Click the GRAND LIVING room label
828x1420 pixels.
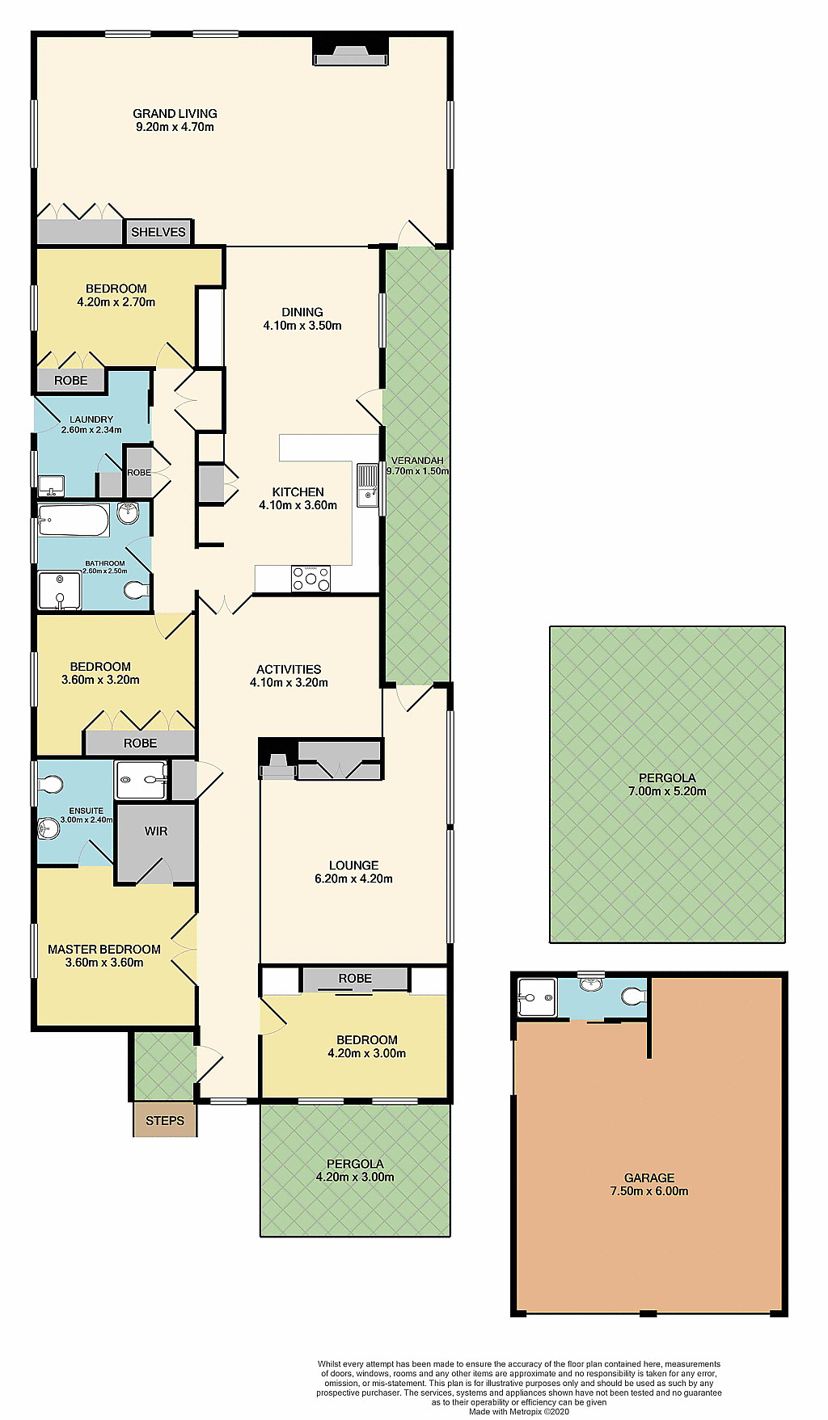[175, 114]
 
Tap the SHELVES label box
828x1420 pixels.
[158, 232]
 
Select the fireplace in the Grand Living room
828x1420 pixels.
[351, 54]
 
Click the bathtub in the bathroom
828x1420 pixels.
[74, 520]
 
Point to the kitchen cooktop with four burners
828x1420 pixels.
[311, 579]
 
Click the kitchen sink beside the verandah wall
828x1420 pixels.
[368, 485]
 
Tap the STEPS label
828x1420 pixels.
[165, 1121]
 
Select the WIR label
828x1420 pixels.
[156, 831]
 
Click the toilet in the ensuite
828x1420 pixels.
[51, 784]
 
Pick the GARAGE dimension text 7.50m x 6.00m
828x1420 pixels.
[649, 1191]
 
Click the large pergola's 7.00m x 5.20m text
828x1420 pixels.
[667, 791]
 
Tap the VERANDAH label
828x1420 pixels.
[417, 461]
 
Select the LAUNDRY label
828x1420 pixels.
[91, 419]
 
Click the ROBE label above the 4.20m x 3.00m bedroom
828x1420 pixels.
[355, 979]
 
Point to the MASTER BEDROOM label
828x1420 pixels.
[104, 950]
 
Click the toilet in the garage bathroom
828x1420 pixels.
[634, 997]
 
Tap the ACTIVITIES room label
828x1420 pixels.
[289, 669]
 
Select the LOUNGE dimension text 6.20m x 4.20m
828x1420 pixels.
[353, 879]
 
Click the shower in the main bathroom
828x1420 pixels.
[60, 591]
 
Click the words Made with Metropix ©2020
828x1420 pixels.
[519, 1412]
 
